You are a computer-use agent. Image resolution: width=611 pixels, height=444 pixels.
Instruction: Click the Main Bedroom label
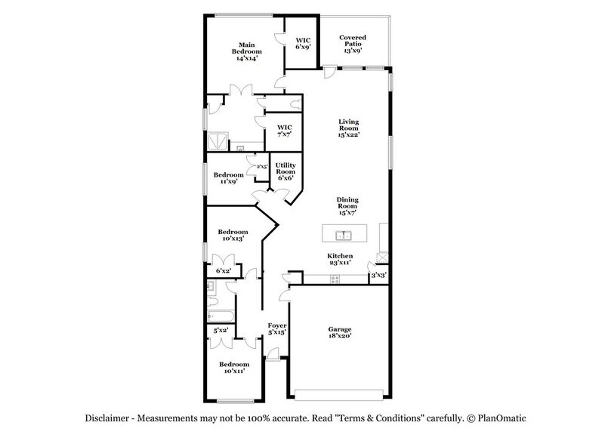click(250, 51)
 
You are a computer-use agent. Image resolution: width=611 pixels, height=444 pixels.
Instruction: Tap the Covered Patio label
click(352, 43)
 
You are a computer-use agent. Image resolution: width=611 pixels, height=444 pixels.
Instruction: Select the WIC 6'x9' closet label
click(303, 42)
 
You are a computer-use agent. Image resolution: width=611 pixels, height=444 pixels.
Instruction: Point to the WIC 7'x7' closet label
click(284, 131)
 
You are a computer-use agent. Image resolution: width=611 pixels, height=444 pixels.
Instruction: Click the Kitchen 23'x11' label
click(339, 261)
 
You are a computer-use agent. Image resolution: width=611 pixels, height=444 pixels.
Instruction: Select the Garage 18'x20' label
click(339, 333)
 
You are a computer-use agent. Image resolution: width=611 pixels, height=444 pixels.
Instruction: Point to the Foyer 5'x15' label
click(277, 328)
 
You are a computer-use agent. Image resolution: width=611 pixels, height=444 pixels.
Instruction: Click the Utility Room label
click(285, 172)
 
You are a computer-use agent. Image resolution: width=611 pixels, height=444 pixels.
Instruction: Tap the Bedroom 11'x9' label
click(227, 178)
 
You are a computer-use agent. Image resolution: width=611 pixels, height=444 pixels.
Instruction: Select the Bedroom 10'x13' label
click(233, 235)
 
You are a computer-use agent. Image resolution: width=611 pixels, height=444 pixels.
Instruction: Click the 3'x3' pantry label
click(378, 276)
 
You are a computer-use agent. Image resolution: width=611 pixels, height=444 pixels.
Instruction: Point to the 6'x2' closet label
click(223, 270)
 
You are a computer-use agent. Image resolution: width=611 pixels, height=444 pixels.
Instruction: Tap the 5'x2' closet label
click(221, 330)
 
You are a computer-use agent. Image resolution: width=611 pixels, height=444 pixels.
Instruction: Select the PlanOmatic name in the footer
click(508, 418)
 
